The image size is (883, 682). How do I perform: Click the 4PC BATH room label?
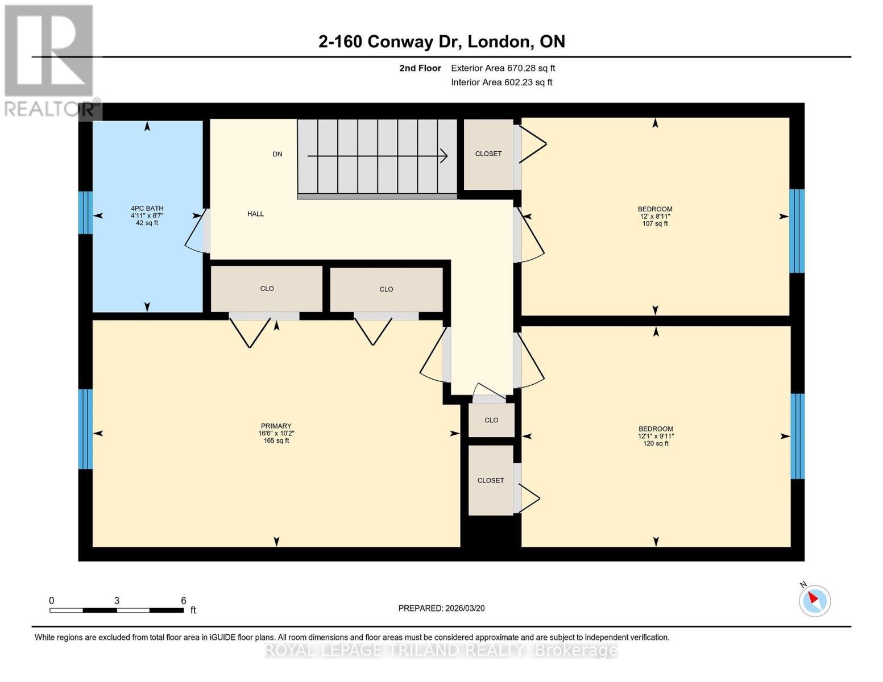click(147, 209)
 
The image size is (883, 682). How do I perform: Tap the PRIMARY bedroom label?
click(276, 426)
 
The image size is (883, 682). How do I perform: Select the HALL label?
click(255, 214)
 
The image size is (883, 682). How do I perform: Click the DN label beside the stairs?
click(277, 154)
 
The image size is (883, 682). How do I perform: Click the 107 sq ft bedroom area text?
click(655, 224)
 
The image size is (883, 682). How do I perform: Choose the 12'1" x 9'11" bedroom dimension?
click(656, 436)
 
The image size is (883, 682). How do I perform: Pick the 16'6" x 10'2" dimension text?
click(276, 434)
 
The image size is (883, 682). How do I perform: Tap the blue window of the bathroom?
click(85, 213)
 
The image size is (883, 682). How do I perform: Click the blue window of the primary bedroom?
click(85, 429)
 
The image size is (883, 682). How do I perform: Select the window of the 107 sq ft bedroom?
click(797, 231)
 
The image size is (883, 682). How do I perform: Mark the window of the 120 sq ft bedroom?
click(798, 436)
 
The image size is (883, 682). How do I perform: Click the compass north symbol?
click(814, 600)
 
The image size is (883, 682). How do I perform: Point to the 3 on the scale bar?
click(117, 601)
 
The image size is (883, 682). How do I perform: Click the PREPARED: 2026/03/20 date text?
click(441, 609)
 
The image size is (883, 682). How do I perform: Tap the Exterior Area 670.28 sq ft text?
click(503, 68)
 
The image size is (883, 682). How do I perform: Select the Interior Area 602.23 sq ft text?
click(501, 82)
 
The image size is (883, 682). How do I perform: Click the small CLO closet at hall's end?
click(491, 421)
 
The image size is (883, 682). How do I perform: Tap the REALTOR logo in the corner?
click(50, 60)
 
